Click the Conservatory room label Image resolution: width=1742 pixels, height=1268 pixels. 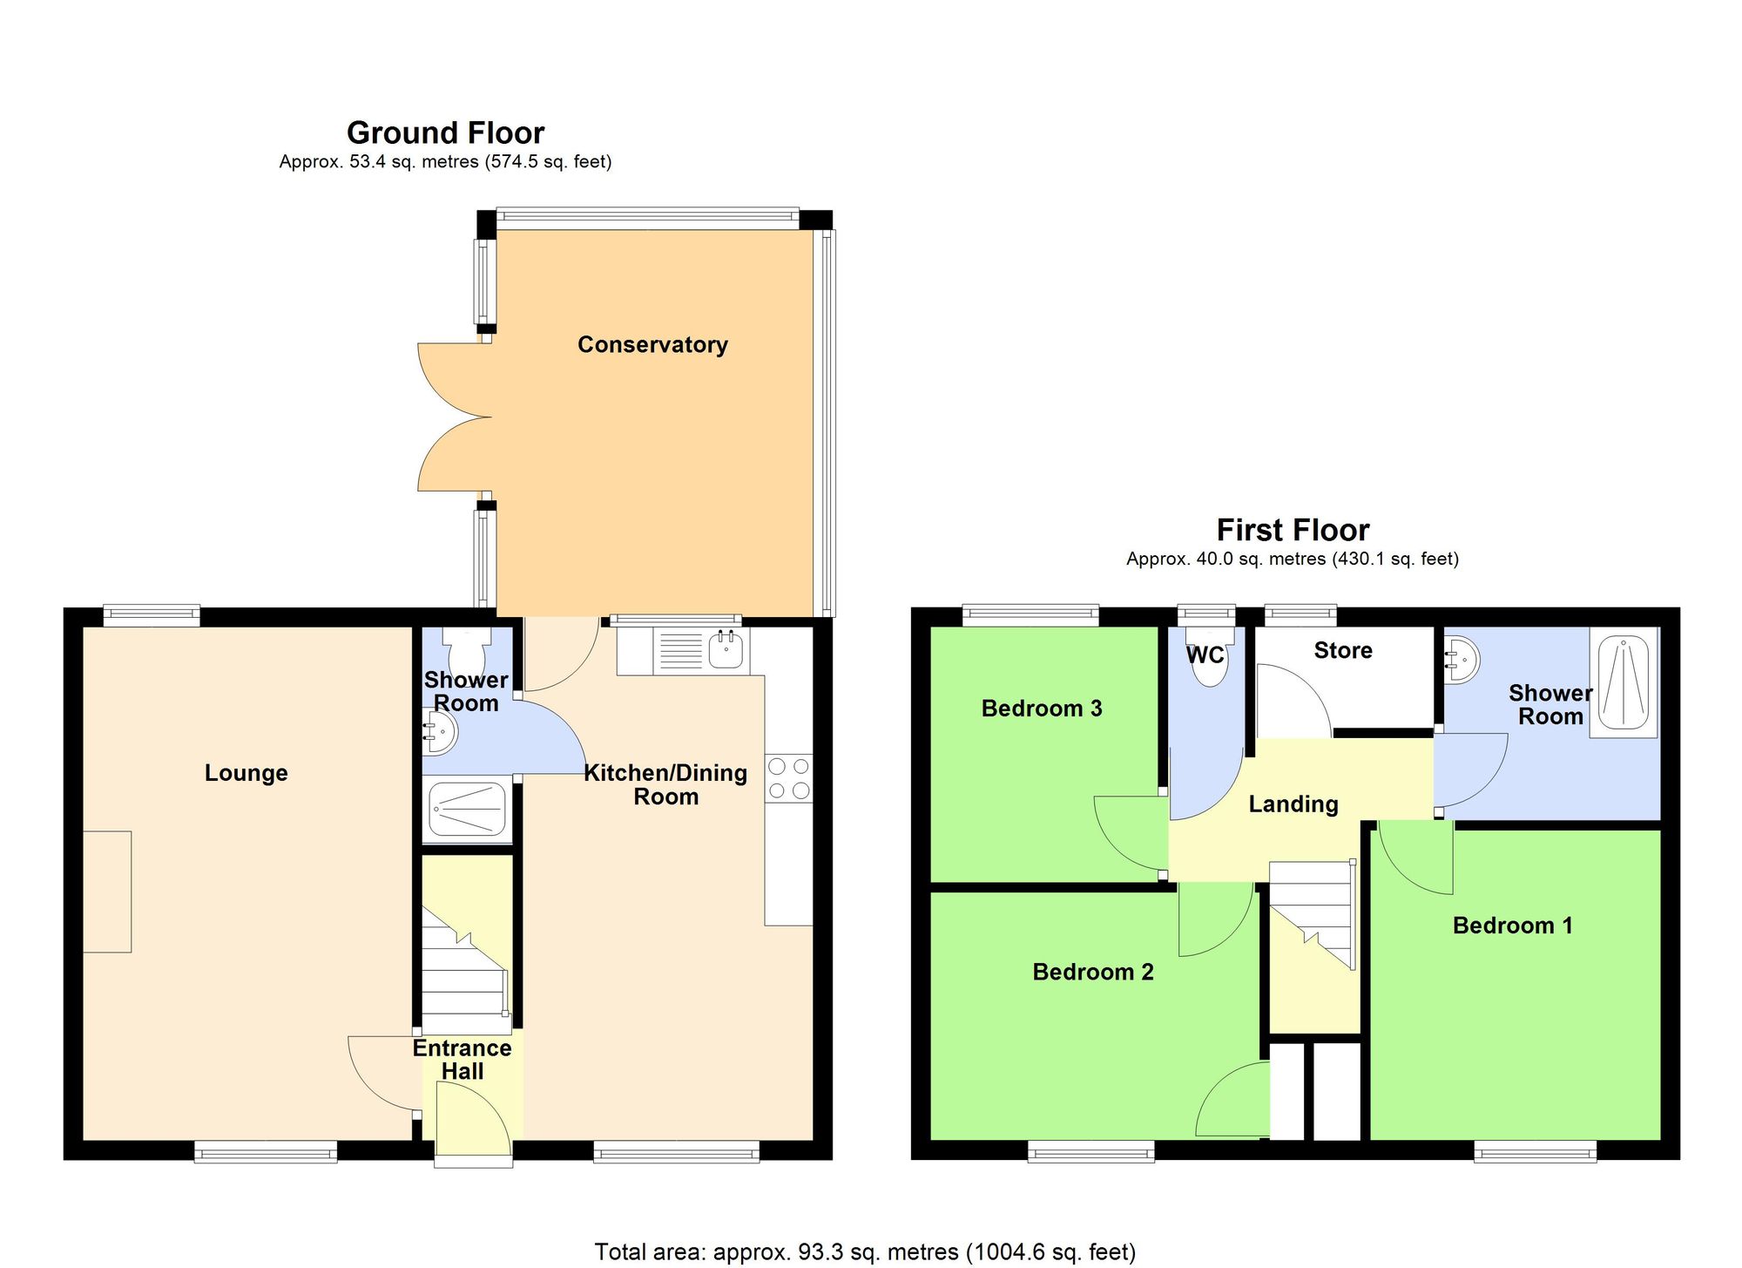tap(652, 344)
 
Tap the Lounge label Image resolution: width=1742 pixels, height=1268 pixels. tap(246, 773)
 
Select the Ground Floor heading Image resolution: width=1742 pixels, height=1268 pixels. tap(445, 133)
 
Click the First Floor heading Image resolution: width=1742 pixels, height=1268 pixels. tap(1293, 530)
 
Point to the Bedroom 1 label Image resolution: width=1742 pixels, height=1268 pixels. tap(1512, 926)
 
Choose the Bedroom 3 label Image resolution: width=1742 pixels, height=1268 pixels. tap(1041, 709)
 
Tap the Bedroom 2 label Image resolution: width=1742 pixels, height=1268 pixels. tap(1092, 972)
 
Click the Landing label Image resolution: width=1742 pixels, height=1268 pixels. tap(1293, 804)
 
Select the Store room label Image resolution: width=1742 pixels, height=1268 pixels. tap(1342, 650)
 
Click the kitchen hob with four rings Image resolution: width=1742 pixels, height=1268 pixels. tap(789, 778)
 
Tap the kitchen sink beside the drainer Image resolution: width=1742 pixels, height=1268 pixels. tap(726, 650)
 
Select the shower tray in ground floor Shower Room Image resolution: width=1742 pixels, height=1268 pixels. tap(468, 808)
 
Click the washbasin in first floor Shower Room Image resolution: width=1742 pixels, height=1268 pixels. tap(1461, 661)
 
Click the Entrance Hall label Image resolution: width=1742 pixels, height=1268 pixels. tap(462, 1060)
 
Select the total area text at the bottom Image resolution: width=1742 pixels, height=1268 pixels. tap(864, 1252)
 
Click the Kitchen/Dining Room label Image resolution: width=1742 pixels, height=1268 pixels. tap(665, 784)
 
